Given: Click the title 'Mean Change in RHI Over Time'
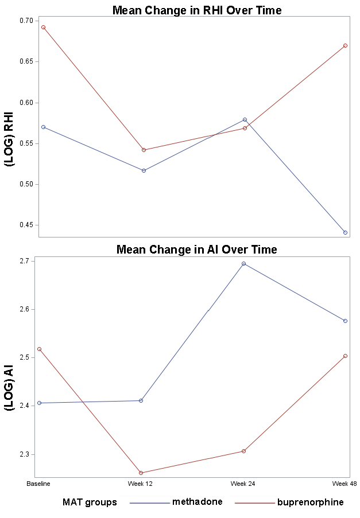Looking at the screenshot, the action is (197, 10).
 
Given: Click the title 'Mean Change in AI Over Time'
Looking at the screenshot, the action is (197, 249).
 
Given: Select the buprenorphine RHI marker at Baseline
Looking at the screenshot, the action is (43, 28).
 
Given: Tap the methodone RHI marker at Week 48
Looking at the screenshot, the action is (345, 232).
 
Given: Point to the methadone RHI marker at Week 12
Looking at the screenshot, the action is (144, 170).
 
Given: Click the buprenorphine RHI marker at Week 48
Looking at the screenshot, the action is (345, 45).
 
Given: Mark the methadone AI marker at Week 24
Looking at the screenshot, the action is (243, 264).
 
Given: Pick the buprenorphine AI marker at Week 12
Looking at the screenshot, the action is (141, 473).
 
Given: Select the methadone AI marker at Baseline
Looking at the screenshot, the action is (40, 403).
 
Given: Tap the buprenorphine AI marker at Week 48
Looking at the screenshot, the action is (345, 356).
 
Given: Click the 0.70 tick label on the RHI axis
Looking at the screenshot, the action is (26, 21).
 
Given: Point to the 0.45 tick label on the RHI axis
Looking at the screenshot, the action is (26, 225).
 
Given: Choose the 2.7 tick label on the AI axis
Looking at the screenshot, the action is (25, 262).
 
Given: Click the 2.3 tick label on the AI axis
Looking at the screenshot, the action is (25, 454).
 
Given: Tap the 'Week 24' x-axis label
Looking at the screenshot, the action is (243, 484).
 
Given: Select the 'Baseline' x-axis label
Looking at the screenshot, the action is (38, 484).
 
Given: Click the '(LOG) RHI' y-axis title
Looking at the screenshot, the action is (9, 139).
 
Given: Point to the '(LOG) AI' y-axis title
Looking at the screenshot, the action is (9, 388).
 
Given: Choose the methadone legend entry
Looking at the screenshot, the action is (176, 502).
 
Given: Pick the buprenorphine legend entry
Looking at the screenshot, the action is (289, 502).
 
